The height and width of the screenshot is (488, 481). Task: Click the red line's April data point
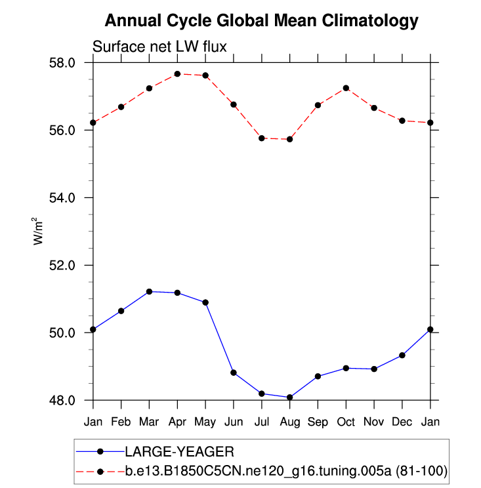(177, 74)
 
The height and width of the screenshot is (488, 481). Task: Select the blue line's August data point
(289, 397)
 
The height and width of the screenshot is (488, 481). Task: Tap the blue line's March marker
(149, 291)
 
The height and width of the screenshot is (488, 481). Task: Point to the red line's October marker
(346, 88)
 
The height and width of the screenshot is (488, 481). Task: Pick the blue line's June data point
(234, 373)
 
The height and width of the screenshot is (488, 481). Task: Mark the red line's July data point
(262, 138)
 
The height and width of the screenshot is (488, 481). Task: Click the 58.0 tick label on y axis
(64, 63)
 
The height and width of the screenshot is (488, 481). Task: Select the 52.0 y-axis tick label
(64, 265)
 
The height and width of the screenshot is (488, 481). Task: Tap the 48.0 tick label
(64, 400)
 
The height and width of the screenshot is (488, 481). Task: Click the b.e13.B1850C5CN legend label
(286, 471)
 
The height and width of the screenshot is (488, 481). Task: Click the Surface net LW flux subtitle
(159, 47)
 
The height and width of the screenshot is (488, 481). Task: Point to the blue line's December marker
(402, 355)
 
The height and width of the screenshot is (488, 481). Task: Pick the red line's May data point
(205, 75)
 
